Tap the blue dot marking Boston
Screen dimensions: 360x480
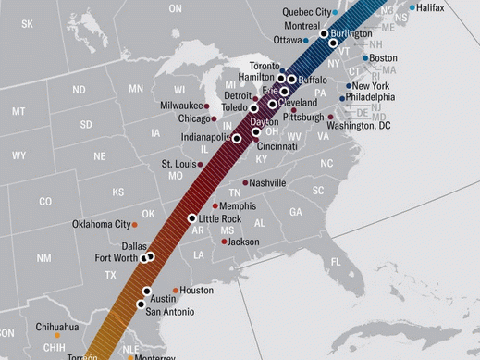click(x=363, y=58)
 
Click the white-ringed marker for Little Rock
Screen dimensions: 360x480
click(x=192, y=219)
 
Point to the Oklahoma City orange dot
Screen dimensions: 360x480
click(x=135, y=224)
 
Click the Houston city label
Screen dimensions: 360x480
click(x=196, y=291)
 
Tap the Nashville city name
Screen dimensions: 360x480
click(x=268, y=183)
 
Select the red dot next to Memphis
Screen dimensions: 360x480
click(x=215, y=206)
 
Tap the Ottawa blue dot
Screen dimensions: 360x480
click(x=306, y=41)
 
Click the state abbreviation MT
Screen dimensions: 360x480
click(x=18, y=111)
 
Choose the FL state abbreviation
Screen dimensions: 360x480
click(x=335, y=262)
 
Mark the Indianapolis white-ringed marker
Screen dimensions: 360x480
click(x=237, y=138)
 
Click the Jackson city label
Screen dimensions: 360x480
click(x=243, y=242)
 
